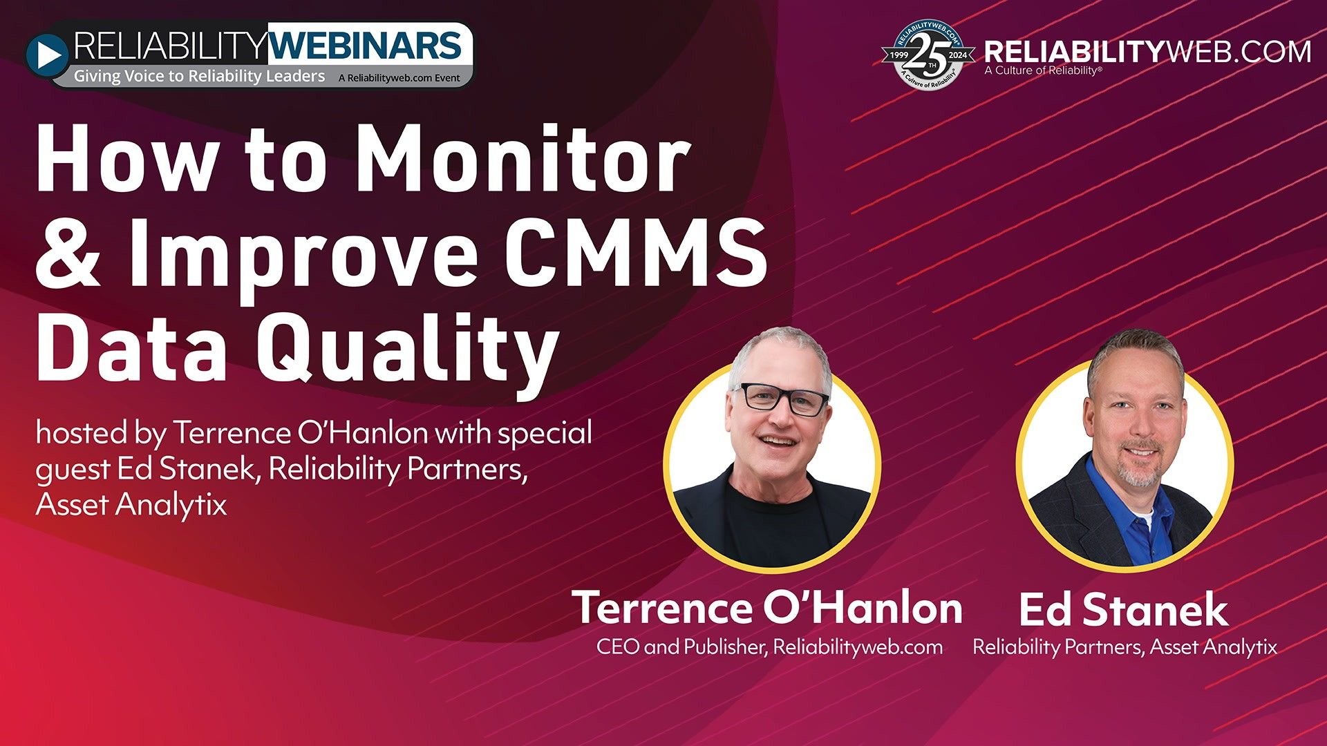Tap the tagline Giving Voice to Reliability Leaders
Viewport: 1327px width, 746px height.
pos(199,77)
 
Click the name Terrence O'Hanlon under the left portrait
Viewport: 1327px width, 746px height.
pos(767,608)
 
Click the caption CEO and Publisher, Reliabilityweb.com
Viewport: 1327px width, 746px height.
pos(769,647)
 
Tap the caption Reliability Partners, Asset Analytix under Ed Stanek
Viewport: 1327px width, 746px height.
pos(1124,647)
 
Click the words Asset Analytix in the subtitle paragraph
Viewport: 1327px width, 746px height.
pos(131,505)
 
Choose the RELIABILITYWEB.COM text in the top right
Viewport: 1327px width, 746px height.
pos(1147,52)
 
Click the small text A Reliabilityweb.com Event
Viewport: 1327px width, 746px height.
pos(399,78)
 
